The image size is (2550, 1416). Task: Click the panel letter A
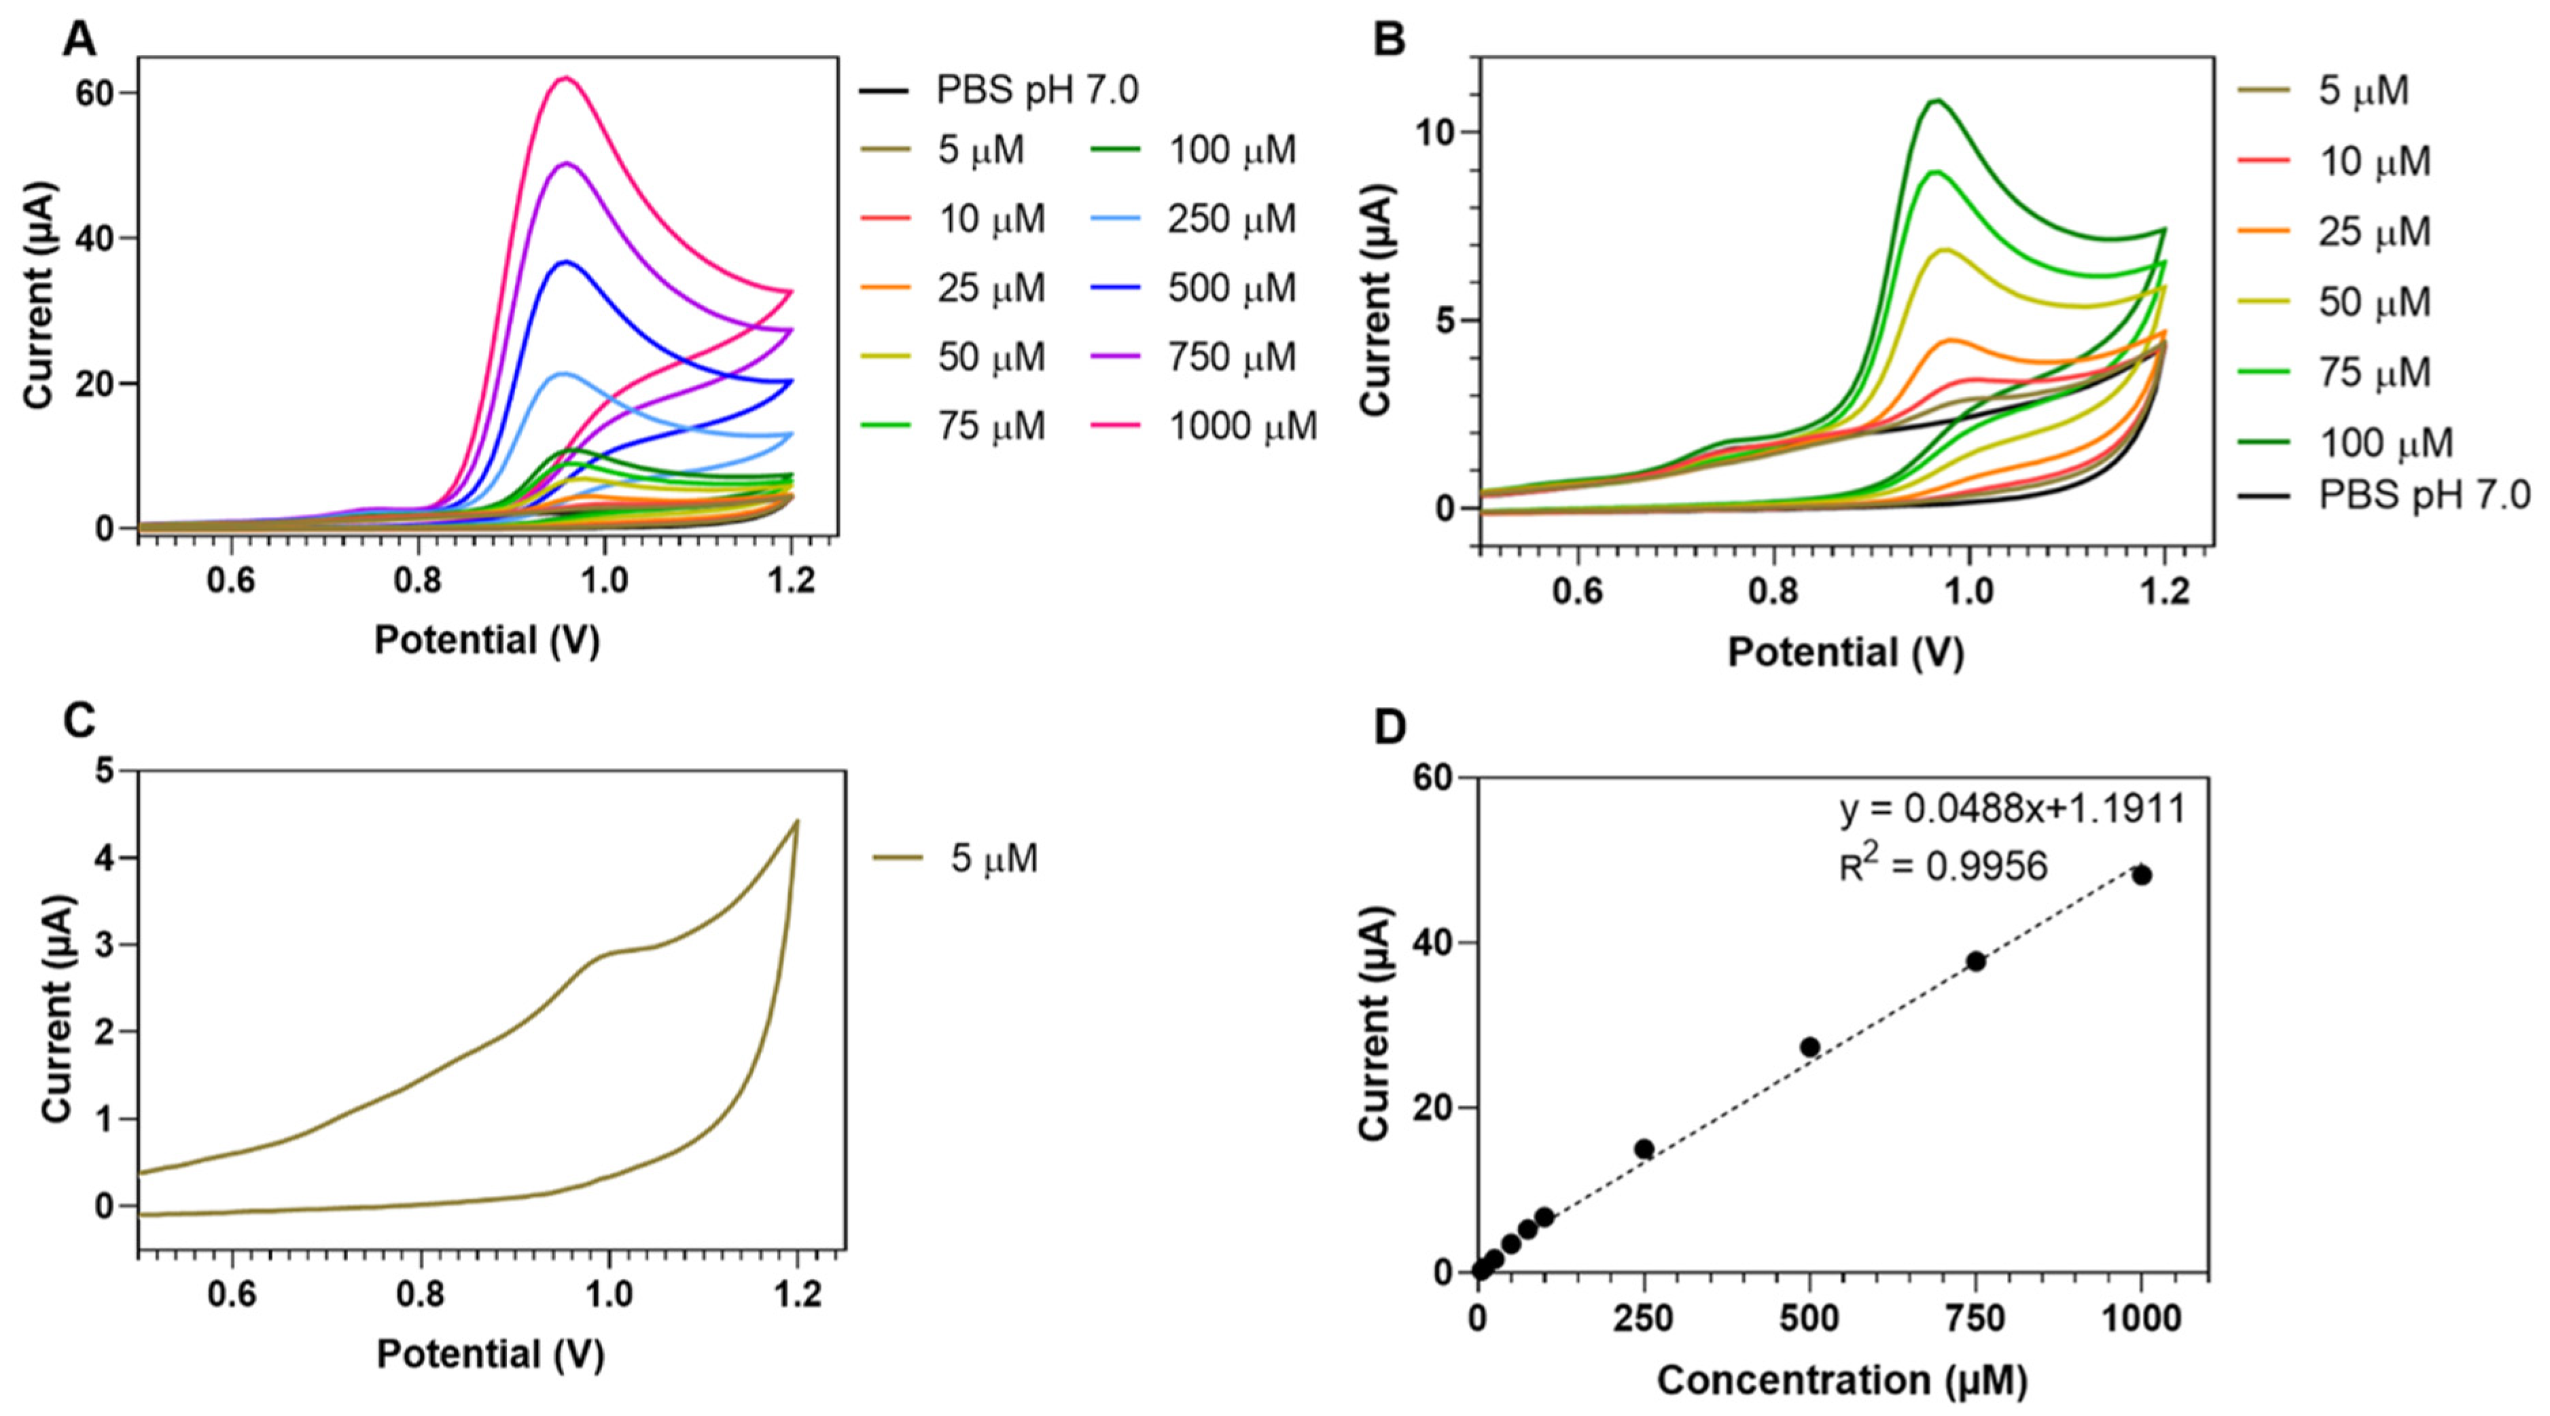79,39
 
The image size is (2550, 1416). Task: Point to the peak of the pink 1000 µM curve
565,77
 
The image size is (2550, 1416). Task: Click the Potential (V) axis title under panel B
1845,653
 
